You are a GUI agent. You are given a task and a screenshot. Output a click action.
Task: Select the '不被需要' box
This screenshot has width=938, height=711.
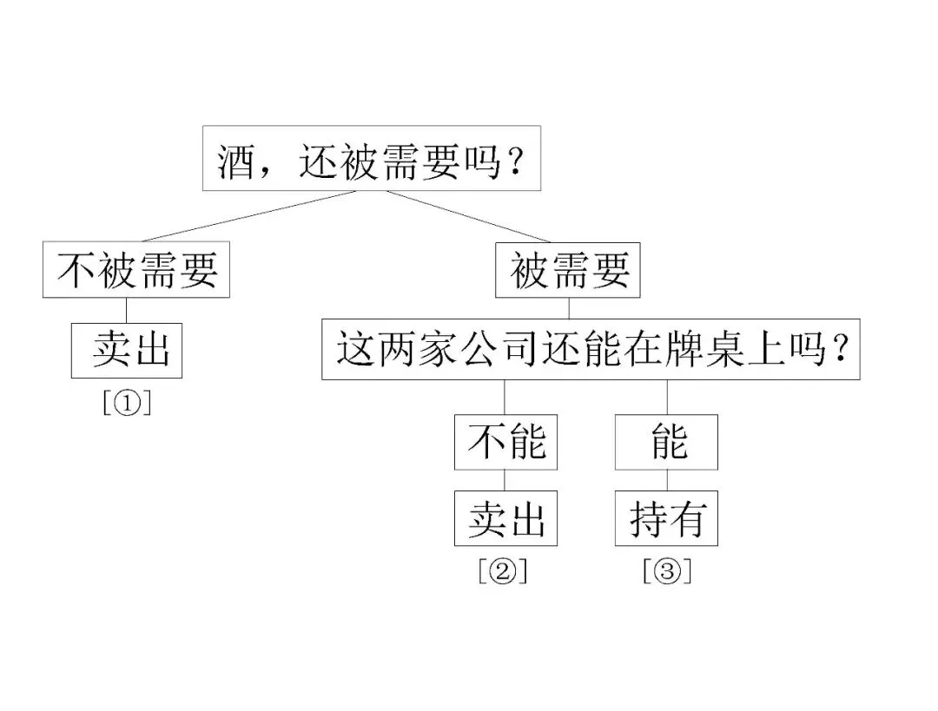136,271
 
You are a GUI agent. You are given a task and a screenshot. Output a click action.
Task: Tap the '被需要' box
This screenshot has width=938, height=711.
568,271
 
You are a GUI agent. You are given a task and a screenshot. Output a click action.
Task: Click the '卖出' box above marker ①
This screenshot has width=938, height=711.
127,351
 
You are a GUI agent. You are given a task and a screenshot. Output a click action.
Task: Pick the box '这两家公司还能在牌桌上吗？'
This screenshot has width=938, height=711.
591,351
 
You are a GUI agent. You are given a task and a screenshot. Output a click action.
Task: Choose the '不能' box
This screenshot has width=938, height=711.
505,443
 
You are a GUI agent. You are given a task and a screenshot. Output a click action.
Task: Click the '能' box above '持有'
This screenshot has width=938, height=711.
666,443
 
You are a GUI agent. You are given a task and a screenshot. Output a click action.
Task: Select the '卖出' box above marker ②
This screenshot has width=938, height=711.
505,519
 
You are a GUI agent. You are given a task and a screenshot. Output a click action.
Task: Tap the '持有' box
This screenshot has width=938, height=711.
666,519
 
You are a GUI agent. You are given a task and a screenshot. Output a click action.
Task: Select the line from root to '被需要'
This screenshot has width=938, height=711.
460,216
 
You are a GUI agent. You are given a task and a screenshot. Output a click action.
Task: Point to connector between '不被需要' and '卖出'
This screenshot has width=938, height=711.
127,310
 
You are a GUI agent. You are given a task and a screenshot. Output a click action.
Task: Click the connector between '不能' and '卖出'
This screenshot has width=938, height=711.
505,480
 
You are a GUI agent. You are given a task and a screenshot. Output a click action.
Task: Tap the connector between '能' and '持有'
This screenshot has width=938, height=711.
667,480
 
